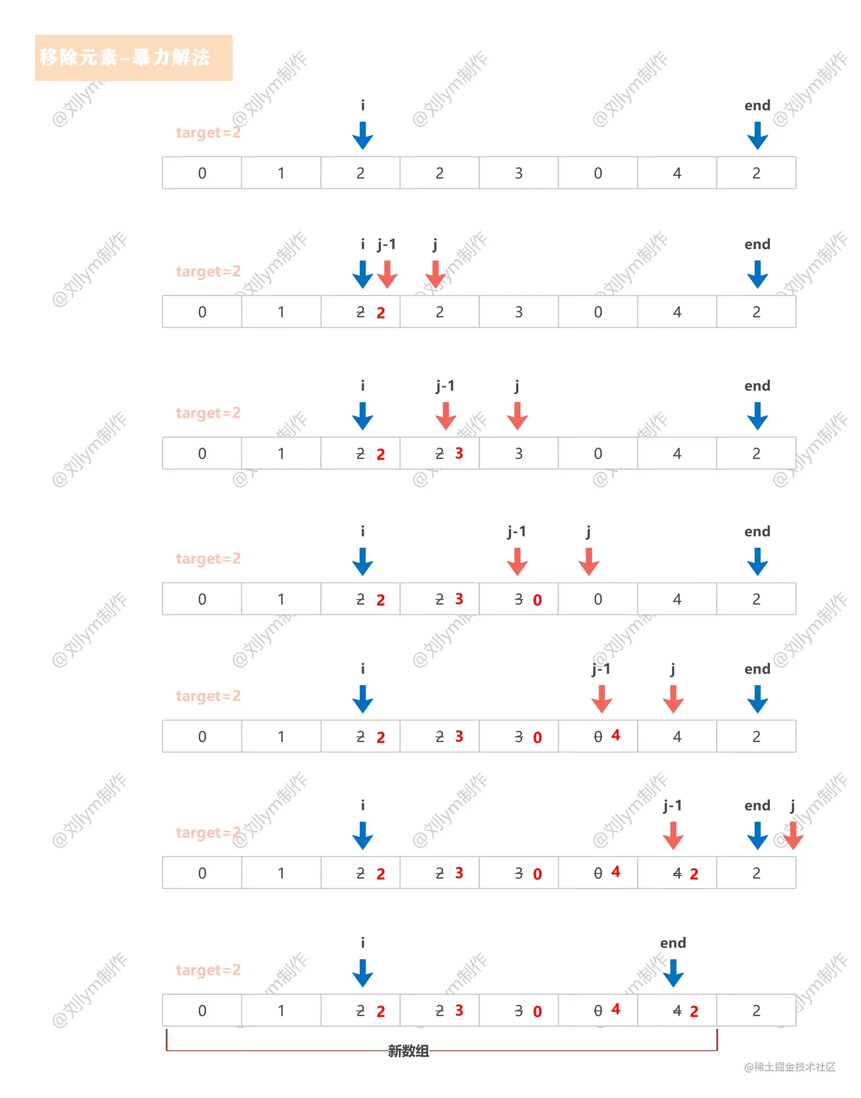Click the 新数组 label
tap(408, 1051)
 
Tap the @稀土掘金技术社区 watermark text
tap(789, 1067)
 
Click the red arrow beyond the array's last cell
tap(793, 835)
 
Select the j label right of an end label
tap(793, 805)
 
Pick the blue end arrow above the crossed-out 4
tap(673, 973)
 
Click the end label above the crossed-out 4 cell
tap(673, 943)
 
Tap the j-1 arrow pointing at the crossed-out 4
tap(673, 835)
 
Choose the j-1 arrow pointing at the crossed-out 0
tap(602, 699)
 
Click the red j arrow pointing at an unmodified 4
tap(673, 699)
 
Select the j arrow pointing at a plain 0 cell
tap(589, 562)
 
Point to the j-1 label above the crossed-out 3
tap(517, 531)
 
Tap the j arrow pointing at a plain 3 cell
tap(517, 416)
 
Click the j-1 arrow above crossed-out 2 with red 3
tap(446, 416)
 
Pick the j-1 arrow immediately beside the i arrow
tap(387, 274)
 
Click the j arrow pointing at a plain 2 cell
tap(436, 274)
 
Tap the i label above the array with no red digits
tap(363, 105)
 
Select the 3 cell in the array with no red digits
tap(519, 173)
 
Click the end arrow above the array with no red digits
tap(757, 136)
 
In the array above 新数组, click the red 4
tap(616, 1010)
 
